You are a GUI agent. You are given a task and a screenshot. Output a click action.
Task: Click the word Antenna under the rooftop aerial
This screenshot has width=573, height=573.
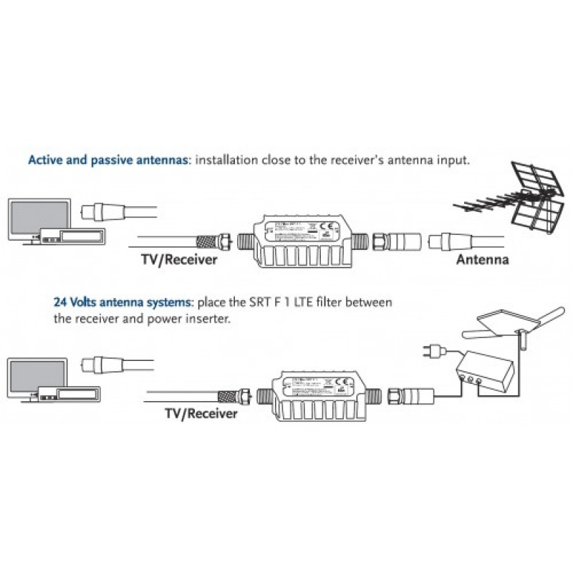(x=482, y=260)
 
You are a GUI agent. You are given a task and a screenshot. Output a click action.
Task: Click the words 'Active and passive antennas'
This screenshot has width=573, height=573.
(x=107, y=159)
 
